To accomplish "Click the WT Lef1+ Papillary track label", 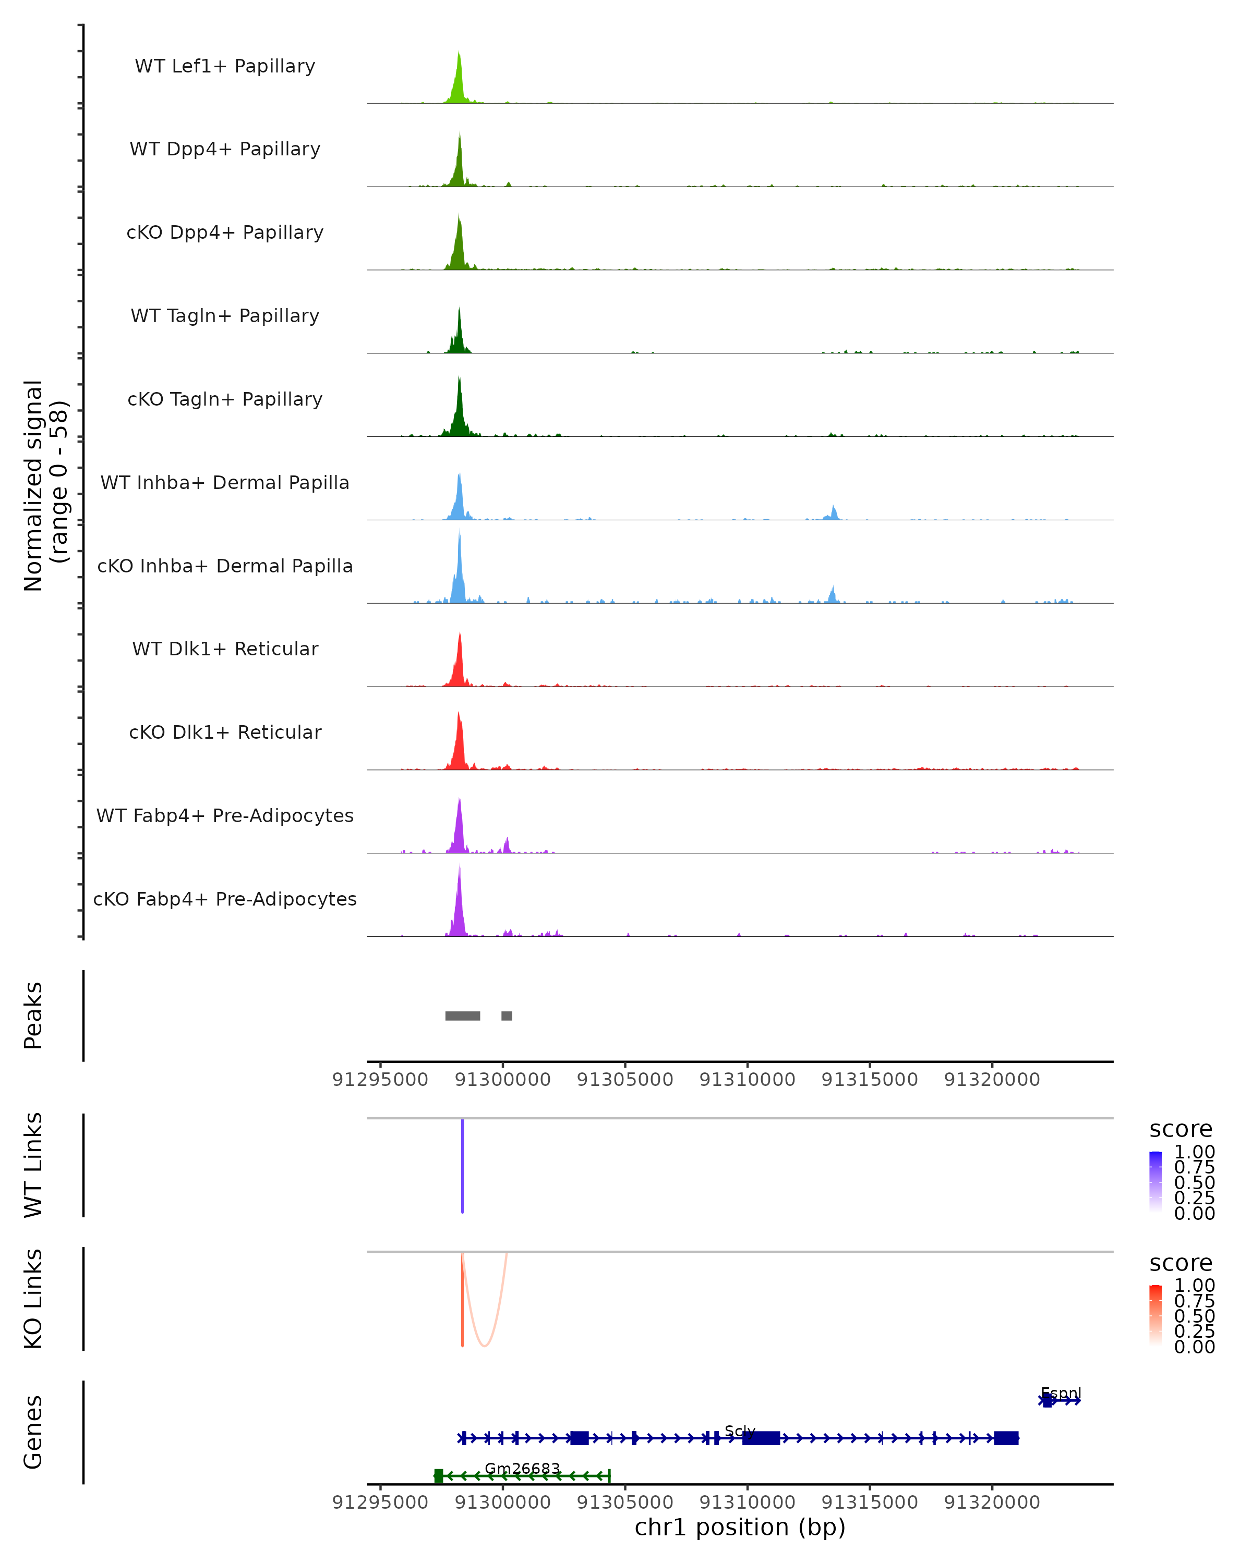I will [225, 66].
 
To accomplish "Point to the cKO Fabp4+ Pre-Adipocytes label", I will [225, 899].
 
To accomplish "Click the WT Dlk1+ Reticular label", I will [225, 649].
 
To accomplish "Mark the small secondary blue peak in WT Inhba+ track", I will [833, 513].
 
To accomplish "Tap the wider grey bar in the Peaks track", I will [462, 1016].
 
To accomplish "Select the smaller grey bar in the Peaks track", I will [507, 1016].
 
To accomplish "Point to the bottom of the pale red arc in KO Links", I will [484, 1346].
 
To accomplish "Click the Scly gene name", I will [740, 1431].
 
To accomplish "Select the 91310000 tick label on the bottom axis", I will [747, 1502].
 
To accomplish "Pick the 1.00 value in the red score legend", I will [1194, 1285].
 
